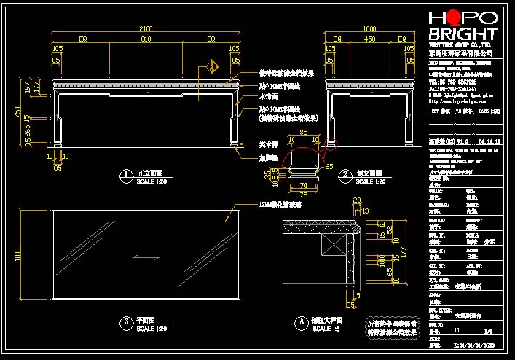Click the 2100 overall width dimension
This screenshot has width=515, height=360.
(146, 28)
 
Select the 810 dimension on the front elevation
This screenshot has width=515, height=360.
(146, 39)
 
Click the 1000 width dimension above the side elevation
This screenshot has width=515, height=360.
(369, 28)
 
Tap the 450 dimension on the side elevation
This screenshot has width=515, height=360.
(370, 39)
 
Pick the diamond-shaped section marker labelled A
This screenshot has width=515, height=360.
(212, 67)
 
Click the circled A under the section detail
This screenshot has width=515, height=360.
(300, 321)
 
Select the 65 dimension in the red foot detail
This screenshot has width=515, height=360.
(329, 166)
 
